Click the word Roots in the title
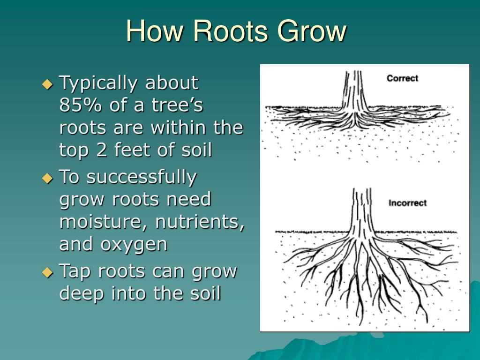click(231, 31)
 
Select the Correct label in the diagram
click(402, 78)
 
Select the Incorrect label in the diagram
click(407, 203)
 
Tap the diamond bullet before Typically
click(48, 84)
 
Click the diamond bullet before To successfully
click(48, 178)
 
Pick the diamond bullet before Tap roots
click(48, 272)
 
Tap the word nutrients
click(200, 222)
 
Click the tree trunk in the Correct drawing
click(355, 94)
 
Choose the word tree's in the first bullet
click(180, 106)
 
